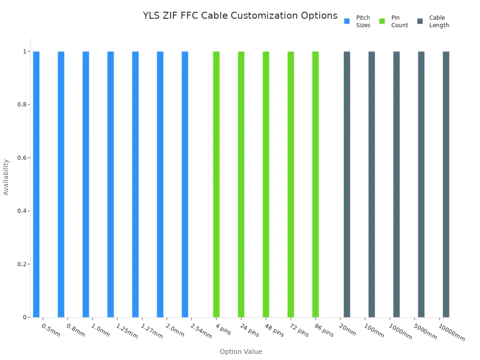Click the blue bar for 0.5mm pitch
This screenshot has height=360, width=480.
point(36,184)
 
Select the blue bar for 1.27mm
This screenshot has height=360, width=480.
point(135,184)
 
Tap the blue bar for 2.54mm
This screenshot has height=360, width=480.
point(185,184)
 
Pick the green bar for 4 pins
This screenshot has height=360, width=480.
point(216,184)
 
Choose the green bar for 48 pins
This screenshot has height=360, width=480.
point(266,184)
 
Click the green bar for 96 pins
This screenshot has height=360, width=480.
point(315,184)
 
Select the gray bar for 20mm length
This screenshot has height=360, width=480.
point(347,184)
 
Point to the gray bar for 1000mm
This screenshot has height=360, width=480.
point(397,184)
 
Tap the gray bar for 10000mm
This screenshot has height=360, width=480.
point(446,184)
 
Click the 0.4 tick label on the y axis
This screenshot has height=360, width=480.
point(21,211)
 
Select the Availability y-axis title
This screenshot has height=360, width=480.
point(6,177)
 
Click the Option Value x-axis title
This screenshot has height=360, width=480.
point(241,352)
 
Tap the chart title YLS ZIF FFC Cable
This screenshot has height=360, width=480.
point(240,15)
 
